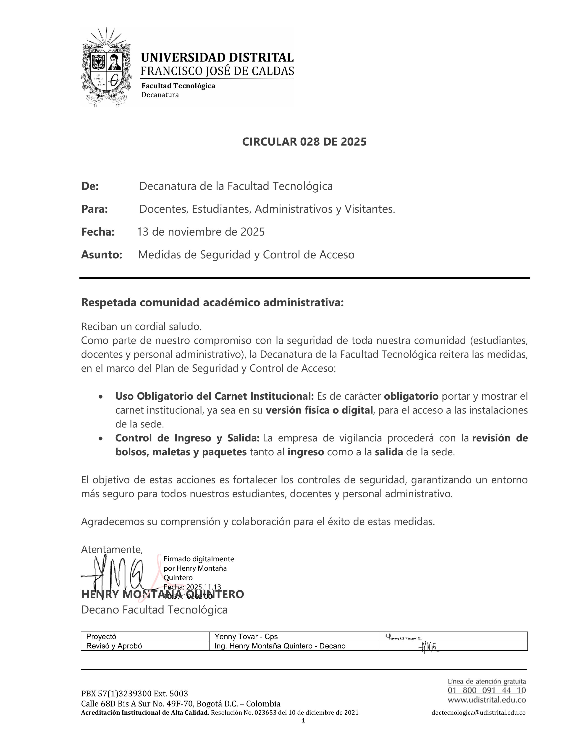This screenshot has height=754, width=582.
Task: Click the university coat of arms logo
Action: point(106,67)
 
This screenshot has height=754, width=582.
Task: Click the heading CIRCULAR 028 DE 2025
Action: point(304,142)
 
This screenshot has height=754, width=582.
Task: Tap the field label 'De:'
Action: point(90,186)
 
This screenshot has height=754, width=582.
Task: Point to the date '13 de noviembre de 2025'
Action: point(201,232)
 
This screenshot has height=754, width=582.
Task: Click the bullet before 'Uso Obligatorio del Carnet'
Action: point(100,397)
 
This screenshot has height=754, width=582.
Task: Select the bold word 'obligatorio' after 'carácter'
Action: point(411,396)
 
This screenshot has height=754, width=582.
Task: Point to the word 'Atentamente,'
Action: point(112,549)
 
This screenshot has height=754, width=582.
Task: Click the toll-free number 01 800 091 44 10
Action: point(487,690)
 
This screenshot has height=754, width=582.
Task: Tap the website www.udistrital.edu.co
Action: point(487,700)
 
